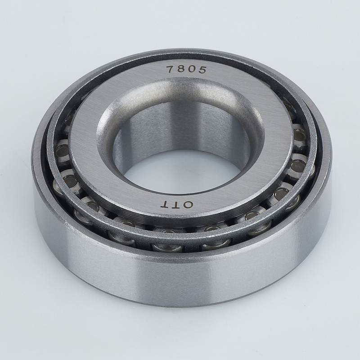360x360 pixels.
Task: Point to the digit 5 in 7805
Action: (x=202, y=70)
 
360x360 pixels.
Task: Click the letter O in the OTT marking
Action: (x=188, y=204)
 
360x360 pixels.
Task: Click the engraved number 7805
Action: (x=186, y=69)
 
